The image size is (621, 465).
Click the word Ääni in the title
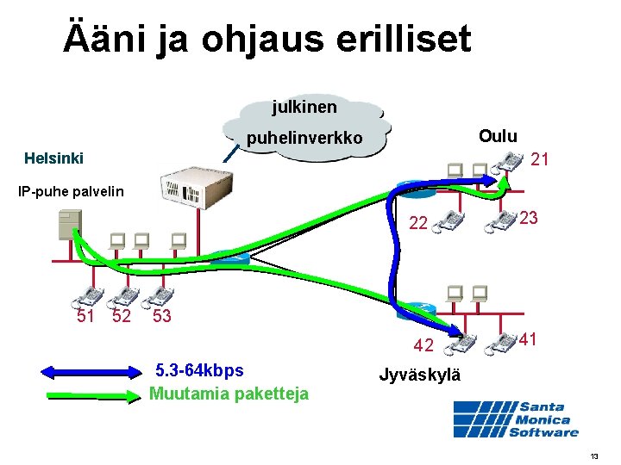pos(105,40)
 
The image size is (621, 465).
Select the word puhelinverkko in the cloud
pos(304,139)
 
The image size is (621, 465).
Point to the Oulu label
pos(498,136)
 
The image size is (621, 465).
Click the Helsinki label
pos(54,158)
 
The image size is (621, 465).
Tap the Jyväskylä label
pos(420,375)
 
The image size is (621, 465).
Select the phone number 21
pos(541,159)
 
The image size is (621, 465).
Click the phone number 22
pos(418,224)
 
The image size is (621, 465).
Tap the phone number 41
pos(529,340)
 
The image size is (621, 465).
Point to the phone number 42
pos(423,346)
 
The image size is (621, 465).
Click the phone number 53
pos(162,316)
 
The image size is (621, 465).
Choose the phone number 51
pos(86,315)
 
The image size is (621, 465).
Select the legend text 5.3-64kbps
pos(198,371)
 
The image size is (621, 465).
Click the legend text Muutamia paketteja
pos(229,394)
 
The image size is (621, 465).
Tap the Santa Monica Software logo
pos(517,419)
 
